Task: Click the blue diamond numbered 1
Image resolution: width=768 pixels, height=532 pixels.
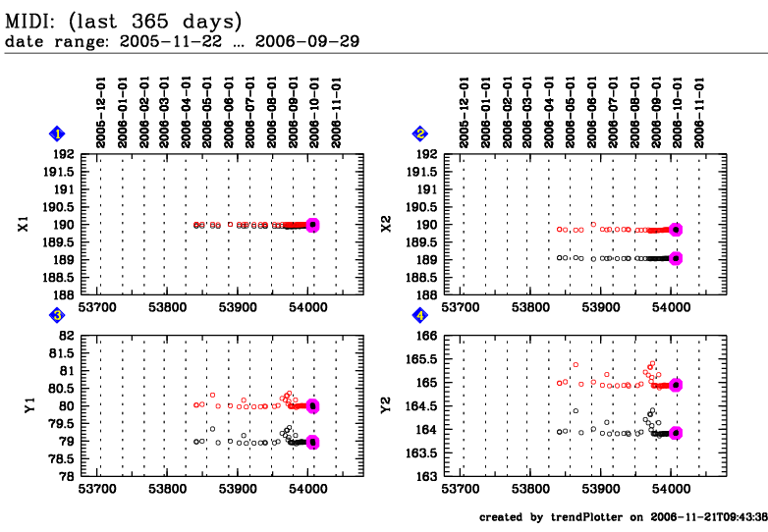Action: [58, 133]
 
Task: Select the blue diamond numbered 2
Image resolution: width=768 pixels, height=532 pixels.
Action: [420, 133]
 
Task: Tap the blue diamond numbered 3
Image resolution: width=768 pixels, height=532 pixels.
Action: [58, 315]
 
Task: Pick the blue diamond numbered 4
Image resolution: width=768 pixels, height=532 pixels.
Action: [420, 315]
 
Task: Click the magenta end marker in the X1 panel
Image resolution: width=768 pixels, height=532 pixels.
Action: [312, 225]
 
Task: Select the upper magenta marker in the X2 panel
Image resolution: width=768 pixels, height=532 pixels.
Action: [676, 230]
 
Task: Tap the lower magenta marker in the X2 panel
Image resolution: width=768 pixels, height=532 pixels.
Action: [676, 258]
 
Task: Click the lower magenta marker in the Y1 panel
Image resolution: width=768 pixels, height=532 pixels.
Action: [312, 442]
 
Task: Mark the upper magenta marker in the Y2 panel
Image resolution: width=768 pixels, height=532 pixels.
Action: [676, 386]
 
